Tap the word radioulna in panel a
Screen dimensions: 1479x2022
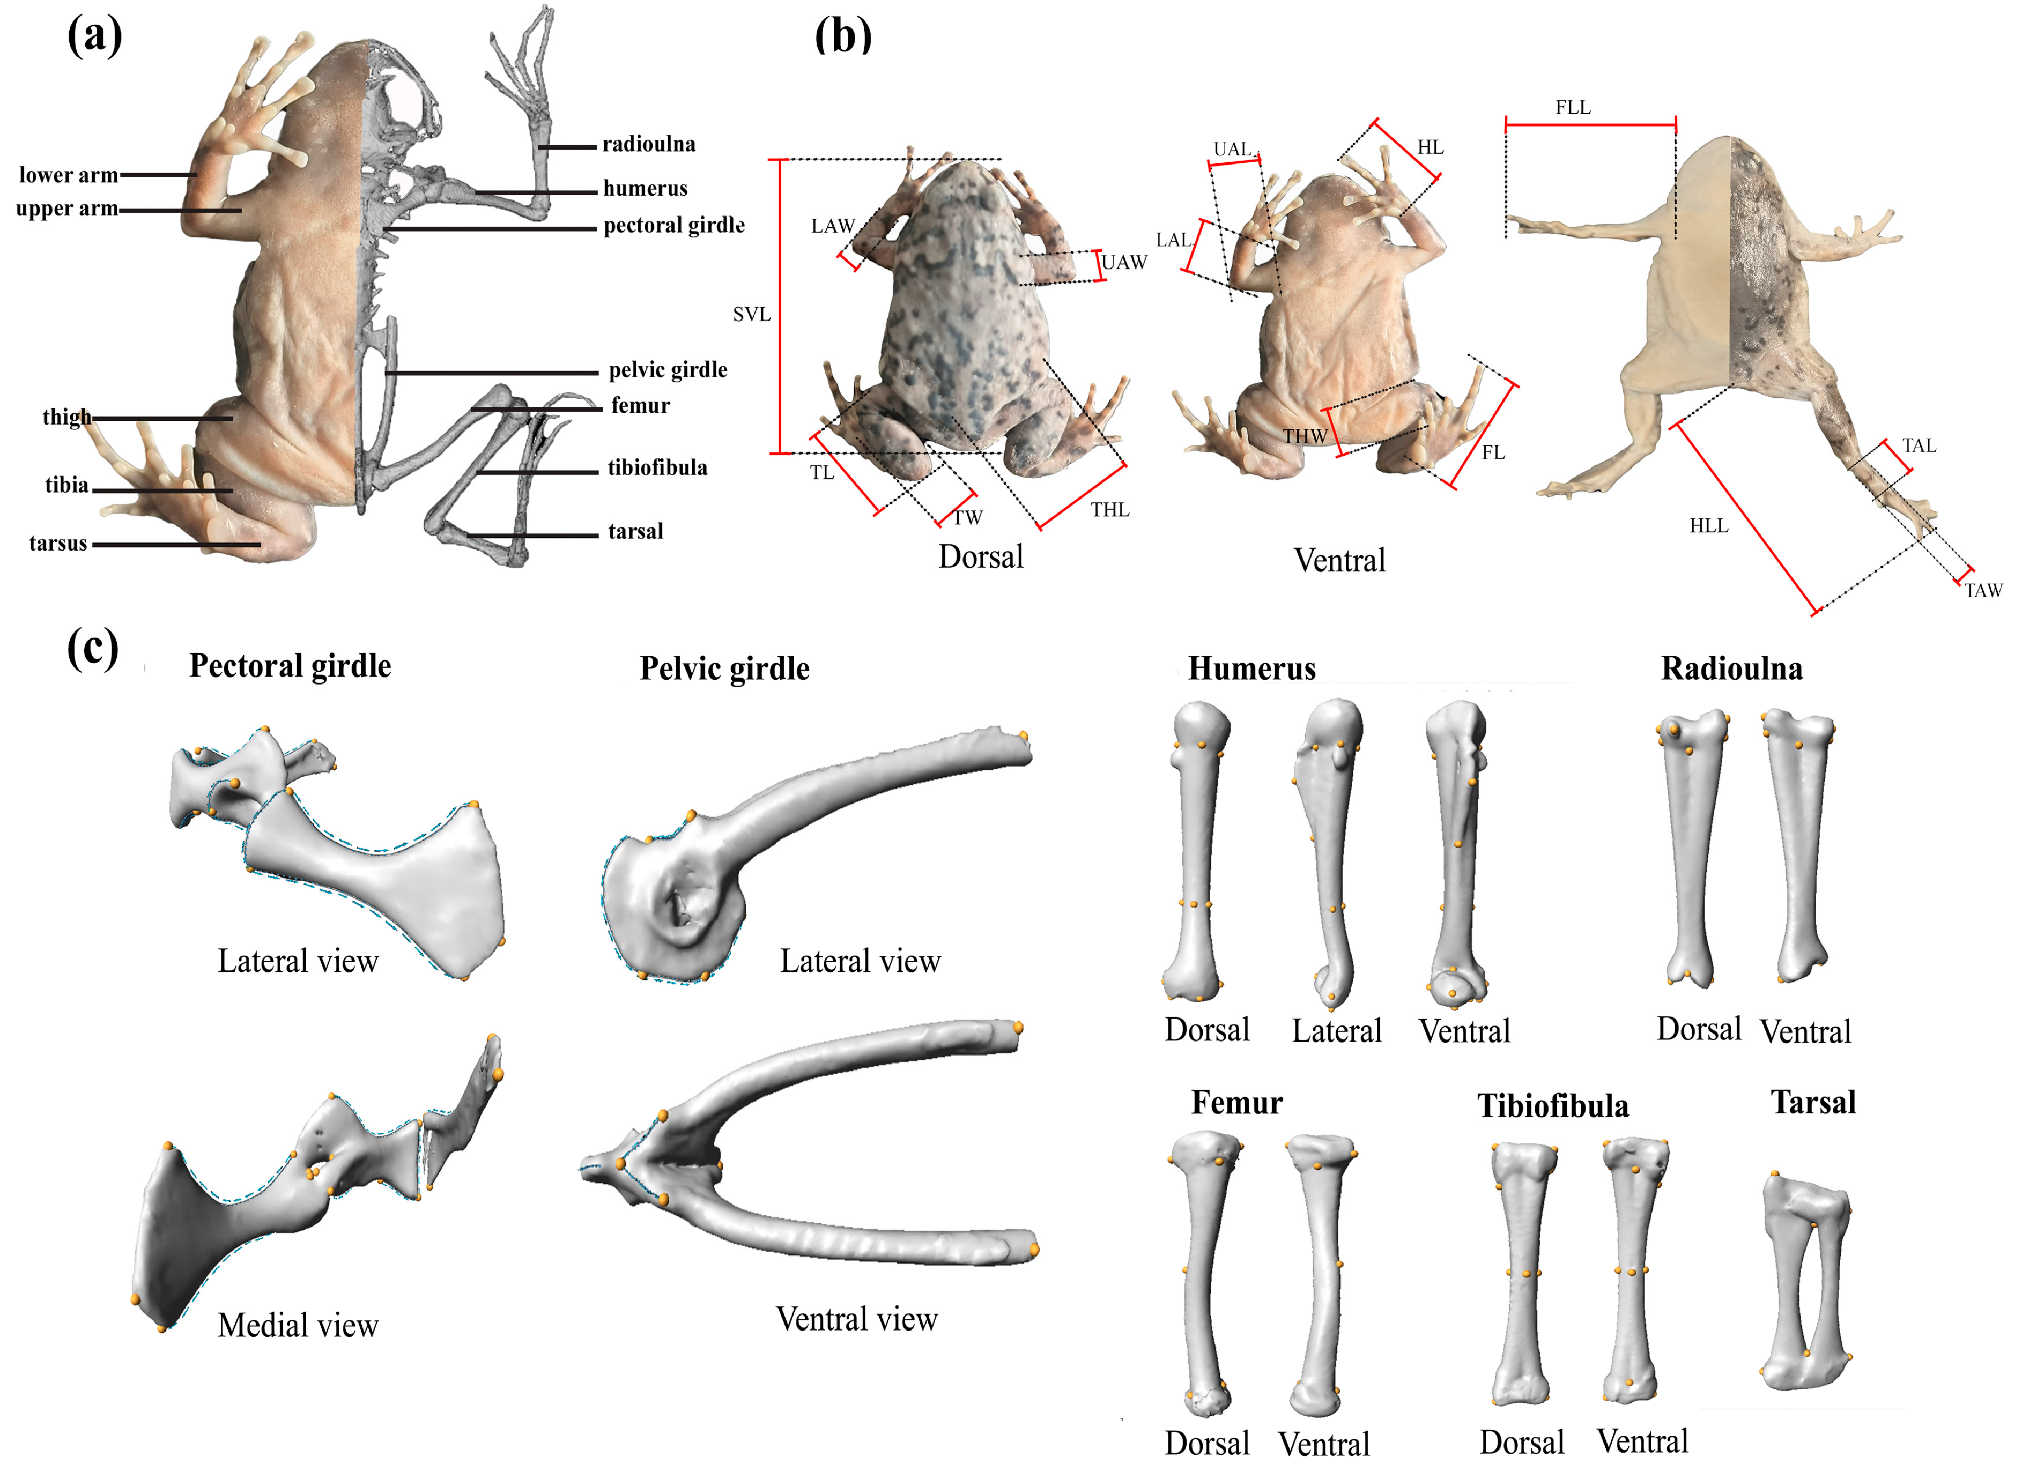(648, 144)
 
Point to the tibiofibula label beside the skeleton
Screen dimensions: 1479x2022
(657, 467)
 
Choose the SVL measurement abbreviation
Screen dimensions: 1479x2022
(751, 314)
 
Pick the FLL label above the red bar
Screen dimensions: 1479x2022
(1573, 107)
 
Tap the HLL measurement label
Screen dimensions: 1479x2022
(1708, 525)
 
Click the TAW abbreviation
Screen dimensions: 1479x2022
(1983, 591)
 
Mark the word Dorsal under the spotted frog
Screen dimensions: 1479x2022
(981, 557)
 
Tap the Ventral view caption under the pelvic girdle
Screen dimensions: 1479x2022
(856, 1319)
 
